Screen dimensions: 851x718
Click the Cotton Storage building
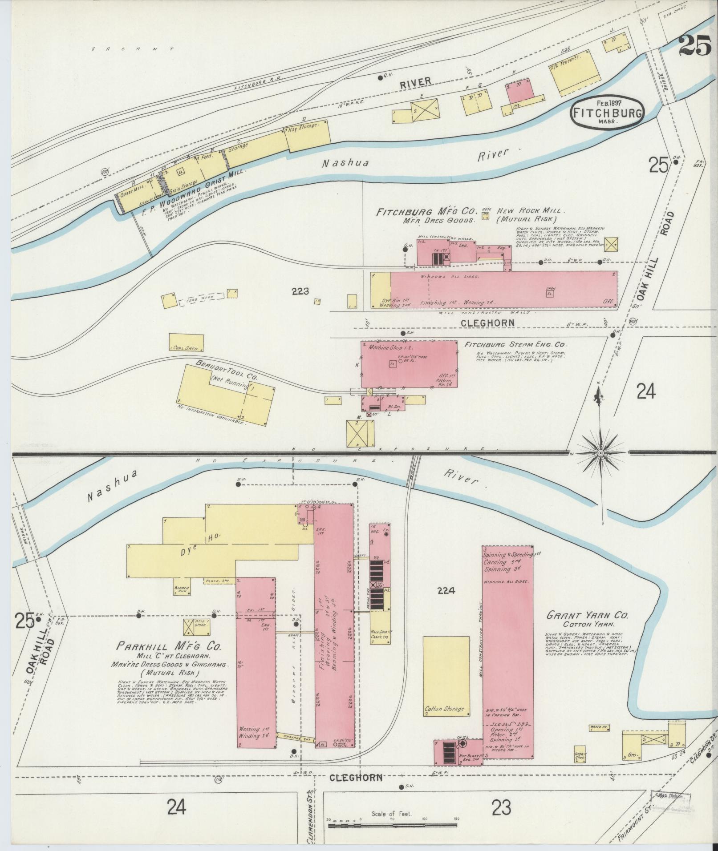point(446,676)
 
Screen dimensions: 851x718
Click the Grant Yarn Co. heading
point(587,616)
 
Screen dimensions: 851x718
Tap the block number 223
point(300,291)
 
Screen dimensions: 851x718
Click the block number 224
point(446,591)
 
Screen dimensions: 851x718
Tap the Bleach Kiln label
point(182,589)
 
